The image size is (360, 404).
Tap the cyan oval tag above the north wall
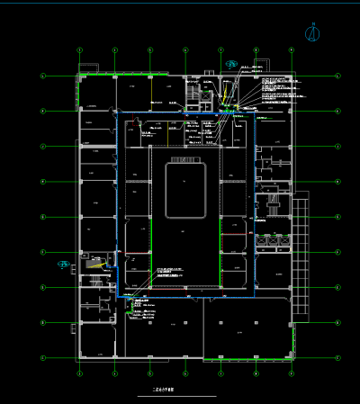coord(232,64)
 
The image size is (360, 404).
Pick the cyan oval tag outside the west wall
coord(64,264)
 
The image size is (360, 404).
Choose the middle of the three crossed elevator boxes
coord(273,241)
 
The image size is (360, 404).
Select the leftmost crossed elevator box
coord(262,241)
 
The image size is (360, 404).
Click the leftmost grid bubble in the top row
coord(79,49)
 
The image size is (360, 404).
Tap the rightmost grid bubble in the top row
coord(291,49)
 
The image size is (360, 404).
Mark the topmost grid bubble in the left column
coord(42,76)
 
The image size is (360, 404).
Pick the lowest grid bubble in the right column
coord(337,357)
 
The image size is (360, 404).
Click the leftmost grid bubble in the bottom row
coord(79,373)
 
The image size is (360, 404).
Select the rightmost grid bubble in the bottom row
coord(291,373)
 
